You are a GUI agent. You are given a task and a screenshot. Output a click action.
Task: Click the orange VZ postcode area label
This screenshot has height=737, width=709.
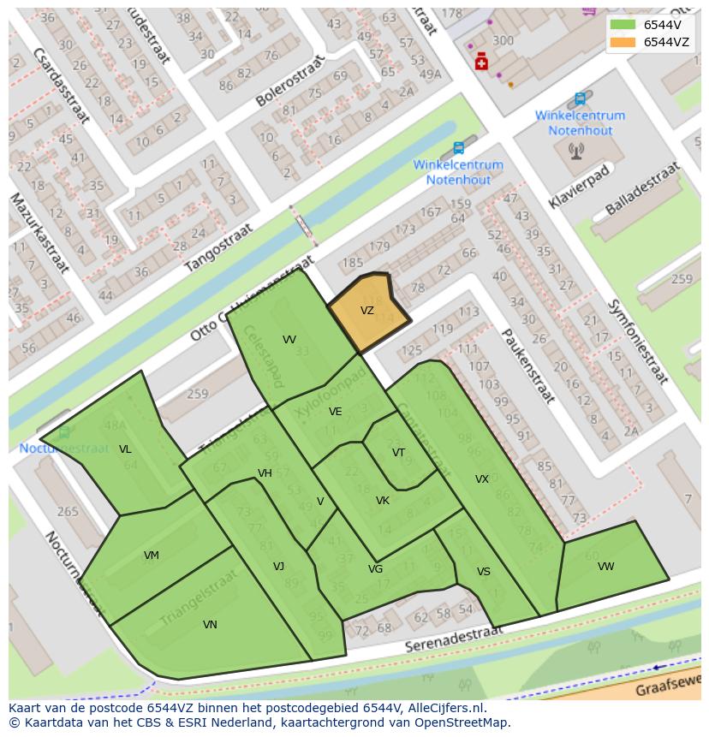pos(366,311)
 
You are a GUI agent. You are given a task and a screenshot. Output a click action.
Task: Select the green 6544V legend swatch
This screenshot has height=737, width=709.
pos(623,25)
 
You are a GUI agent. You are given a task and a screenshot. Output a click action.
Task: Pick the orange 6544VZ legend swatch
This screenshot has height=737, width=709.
pos(623,42)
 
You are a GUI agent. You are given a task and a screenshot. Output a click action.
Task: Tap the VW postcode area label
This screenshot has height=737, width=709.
pos(605,567)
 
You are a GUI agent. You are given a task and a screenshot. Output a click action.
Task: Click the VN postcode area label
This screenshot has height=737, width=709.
pos(210,625)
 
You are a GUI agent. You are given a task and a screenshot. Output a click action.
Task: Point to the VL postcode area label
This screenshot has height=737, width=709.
pos(125,449)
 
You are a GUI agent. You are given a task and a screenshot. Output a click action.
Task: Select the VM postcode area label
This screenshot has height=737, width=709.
pos(152,556)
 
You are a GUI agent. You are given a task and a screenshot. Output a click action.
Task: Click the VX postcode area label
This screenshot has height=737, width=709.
pos(482,479)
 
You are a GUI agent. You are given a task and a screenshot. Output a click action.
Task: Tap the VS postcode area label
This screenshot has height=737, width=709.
pos(484,572)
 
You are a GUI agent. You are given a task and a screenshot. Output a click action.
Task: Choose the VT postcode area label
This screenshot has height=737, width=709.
pos(398,453)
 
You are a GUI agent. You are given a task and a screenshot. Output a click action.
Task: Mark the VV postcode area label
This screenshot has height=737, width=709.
pos(289,340)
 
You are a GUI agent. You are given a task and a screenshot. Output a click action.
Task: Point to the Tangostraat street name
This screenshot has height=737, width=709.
pos(220,247)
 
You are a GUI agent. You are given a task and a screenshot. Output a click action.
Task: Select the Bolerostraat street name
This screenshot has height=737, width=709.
pos(291,81)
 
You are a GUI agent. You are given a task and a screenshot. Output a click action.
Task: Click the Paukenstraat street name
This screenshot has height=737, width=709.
pos(528,366)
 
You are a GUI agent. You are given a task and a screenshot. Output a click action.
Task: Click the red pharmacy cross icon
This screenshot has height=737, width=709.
pos(481,62)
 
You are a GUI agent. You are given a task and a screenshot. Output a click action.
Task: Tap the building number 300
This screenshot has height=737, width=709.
pos(503,40)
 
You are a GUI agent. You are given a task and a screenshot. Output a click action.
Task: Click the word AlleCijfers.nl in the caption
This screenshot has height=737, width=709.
pos(444,708)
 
